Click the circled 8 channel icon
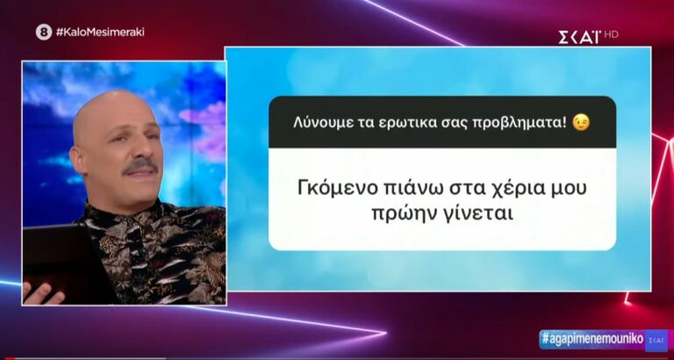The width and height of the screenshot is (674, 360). tap(44, 32)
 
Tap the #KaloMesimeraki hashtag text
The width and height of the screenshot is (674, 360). tap(100, 32)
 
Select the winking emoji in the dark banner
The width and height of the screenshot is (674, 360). tap(580, 122)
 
